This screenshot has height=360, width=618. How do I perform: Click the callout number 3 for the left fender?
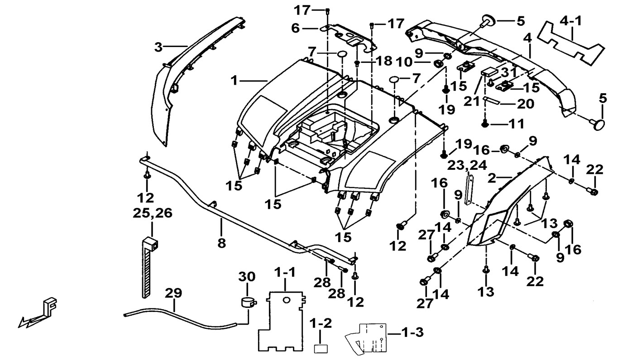pos(158,47)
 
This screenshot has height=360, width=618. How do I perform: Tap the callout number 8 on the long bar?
pos(221,243)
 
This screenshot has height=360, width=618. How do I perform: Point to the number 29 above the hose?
pos(173,293)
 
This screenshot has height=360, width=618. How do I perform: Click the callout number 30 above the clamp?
pos(247,277)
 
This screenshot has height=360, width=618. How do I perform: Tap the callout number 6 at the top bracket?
pos(295,28)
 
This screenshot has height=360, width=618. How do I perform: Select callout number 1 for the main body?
pos(234,81)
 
